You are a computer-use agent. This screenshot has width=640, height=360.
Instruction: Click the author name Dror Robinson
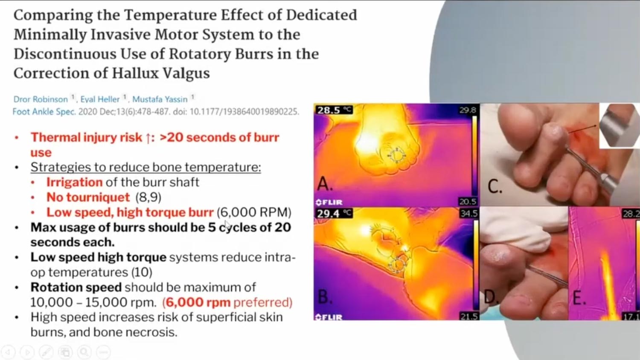pyautogui.click(x=41, y=99)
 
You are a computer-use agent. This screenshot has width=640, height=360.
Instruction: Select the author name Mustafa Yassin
pyautogui.click(x=160, y=99)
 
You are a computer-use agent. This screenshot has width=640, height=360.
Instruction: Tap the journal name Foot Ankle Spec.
pyautogui.click(x=44, y=111)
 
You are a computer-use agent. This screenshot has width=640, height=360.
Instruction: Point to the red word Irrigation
pyautogui.click(x=74, y=182)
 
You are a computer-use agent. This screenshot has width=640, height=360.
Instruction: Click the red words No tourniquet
pyautogui.click(x=88, y=197)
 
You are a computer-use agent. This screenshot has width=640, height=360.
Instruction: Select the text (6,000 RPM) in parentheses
pyautogui.click(x=254, y=212)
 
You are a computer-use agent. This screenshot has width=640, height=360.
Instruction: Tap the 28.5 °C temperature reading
pyautogui.click(x=333, y=110)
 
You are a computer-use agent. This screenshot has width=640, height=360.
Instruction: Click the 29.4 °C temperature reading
pyautogui.click(x=333, y=213)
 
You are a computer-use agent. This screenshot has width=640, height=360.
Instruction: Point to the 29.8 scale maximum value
pyautogui.click(x=468, y=110)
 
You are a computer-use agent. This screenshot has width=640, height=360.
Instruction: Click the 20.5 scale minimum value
pyautogui.click(x=468, y=201)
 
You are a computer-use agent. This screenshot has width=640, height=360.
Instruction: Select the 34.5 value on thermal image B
pyautogui.click(x=468, y=213)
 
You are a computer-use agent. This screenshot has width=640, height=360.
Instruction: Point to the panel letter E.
pyautogui.click(x=579, y=298)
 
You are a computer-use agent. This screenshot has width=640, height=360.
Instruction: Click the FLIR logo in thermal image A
pyautogui.click(x=329, y=202)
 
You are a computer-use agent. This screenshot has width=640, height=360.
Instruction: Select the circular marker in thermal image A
pyautogui.click(x=396, y=156)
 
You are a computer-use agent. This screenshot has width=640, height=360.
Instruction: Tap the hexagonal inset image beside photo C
pyautogui.click(x=620, y=126)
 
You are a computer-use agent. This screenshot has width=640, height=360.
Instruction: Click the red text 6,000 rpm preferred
pyautogui.click(x=227, y=302)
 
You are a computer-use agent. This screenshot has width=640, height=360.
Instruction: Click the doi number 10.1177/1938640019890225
pyautogui.click(x=244, y=111)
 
